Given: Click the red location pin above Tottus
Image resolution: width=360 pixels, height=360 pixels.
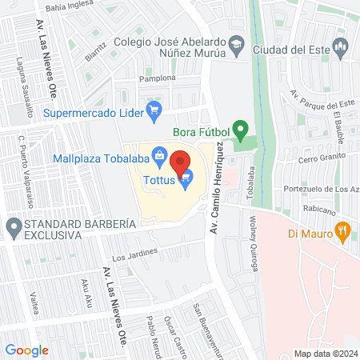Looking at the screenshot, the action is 180,162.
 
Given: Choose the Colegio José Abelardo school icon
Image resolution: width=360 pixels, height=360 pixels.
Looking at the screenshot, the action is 237,46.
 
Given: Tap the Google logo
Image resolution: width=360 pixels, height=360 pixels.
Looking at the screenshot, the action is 27,350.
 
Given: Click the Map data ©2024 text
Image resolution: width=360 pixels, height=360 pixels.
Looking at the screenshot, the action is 324,353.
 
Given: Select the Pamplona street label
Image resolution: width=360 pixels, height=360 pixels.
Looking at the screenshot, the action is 157,78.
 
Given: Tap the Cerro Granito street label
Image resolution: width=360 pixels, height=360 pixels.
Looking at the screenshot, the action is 320,159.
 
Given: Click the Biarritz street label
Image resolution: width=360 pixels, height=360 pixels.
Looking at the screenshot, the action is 94,51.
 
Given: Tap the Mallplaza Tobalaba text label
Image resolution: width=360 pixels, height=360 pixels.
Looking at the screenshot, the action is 102,157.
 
